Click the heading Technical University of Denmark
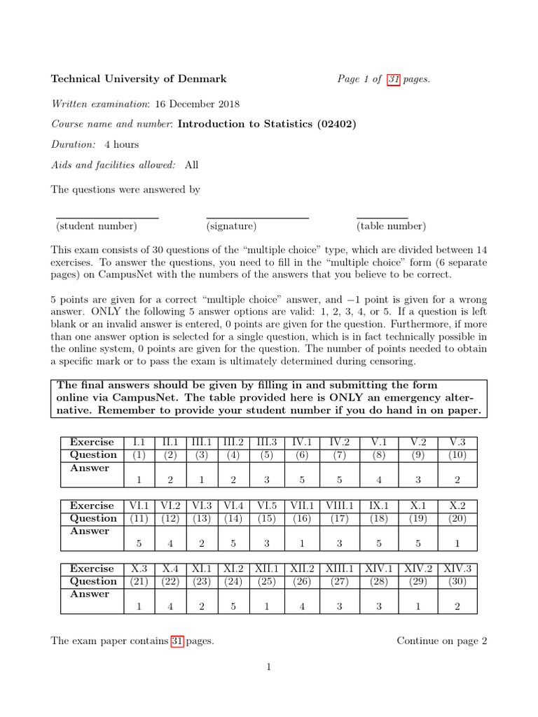138,79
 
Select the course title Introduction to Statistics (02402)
267,125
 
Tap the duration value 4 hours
122,145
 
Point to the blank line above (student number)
107,218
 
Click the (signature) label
231,226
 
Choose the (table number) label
391,226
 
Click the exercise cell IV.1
302,443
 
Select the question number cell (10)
457,455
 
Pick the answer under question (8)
379,480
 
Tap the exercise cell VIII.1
340,506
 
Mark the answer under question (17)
340,543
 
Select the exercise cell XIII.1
340,569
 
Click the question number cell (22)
170,581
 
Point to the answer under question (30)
457,606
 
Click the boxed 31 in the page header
394,79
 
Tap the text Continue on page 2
441,641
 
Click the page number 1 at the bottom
268,667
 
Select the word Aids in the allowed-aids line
62,165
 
